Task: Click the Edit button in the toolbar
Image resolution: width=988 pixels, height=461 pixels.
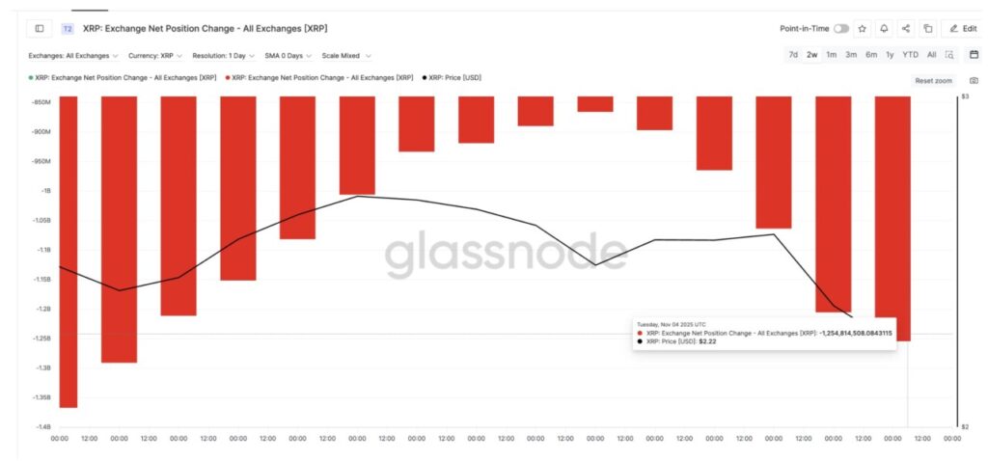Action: pos(964,29)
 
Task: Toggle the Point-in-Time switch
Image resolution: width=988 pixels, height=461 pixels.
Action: pos(841,29)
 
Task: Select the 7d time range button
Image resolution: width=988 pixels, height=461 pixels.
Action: pos(793,55)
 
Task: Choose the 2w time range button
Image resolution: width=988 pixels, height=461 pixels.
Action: pos(812,55)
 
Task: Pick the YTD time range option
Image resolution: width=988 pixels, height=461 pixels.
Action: pos(910,55)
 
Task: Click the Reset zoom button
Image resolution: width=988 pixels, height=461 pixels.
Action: pos(933,81)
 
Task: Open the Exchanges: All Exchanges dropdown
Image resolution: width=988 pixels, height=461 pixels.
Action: pos(73,56)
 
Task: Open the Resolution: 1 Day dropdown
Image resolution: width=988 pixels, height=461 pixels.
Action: pos(223,56)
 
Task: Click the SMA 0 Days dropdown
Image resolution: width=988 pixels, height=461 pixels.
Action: pos(289,56)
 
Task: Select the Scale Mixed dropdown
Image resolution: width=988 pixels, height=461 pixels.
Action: pos(346,56)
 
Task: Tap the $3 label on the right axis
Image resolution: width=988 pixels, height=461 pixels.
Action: pos(964,97)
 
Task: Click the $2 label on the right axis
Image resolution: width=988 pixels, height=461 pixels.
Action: pos(964,427)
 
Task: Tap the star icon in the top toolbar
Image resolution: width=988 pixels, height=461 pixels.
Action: pos(862,29)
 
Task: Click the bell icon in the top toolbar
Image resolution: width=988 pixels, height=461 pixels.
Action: pos(884,29)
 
